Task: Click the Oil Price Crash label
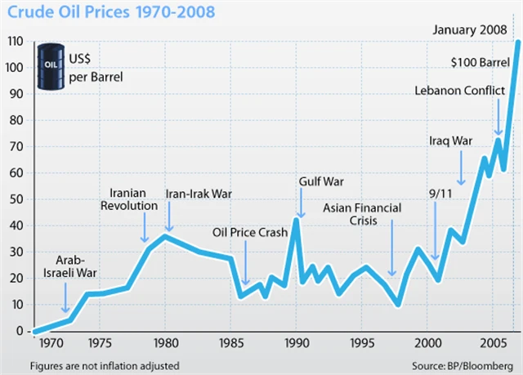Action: click(x=249, y=233)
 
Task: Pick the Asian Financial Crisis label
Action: click(x=362, y=215)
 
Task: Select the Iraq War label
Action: click(x=451, y=141)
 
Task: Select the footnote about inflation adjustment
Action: click(x=104, y=364)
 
